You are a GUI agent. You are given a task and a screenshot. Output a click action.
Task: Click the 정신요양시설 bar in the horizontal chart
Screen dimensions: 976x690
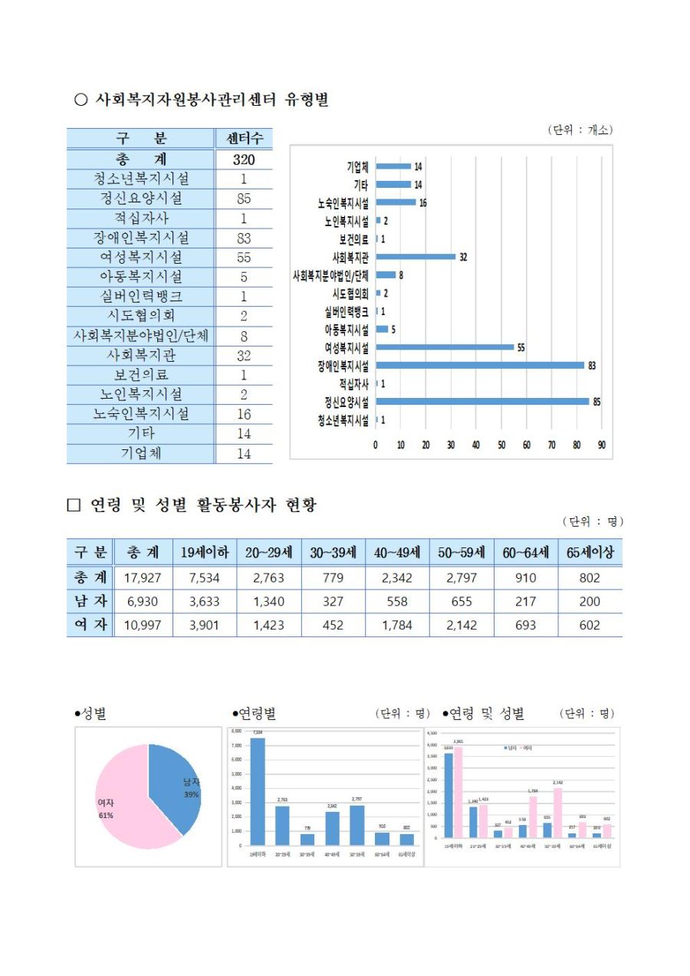(482, 401)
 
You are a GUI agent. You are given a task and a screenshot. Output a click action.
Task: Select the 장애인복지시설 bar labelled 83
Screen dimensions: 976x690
(480, 365)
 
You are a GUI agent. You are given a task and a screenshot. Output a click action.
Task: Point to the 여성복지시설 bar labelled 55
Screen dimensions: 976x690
(445, 347)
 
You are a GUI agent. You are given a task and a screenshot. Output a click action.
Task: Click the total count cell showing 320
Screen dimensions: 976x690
(243, 159)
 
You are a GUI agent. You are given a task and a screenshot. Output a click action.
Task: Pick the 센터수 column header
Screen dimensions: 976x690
(243, 139)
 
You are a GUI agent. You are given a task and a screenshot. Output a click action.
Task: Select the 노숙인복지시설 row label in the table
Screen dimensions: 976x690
(141, 414)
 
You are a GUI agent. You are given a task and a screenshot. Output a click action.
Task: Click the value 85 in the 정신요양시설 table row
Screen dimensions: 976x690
(243, 199)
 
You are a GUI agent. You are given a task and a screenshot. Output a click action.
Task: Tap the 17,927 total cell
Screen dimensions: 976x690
(142, 578)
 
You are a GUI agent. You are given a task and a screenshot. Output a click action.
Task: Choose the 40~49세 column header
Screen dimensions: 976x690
(397, 552)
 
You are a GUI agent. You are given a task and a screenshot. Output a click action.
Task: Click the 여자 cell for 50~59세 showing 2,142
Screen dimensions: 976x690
(461, 626)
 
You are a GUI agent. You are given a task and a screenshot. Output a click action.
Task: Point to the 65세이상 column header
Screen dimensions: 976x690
(590, 552)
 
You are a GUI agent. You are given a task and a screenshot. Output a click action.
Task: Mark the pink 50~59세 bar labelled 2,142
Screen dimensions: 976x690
(557, 813)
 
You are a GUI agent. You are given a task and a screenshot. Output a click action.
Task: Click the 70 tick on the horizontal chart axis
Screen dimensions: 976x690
(551, 445)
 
